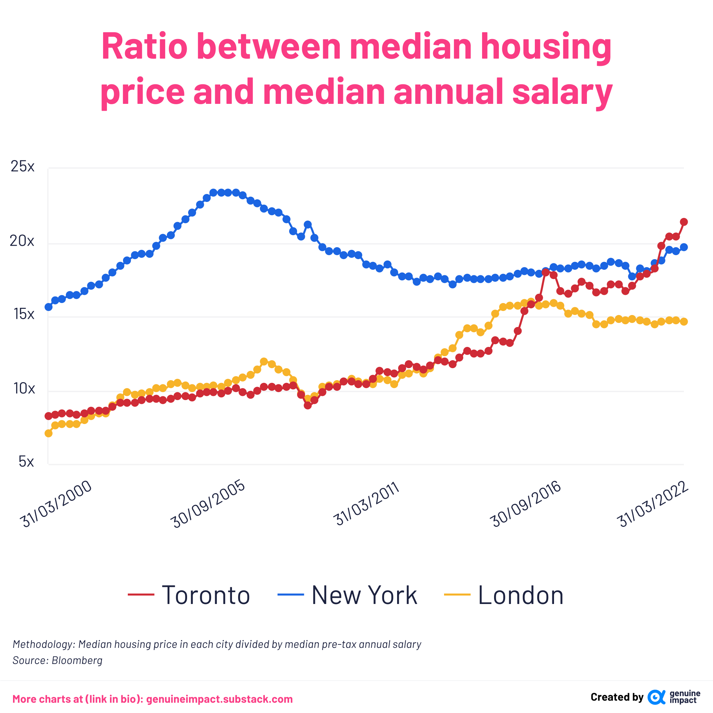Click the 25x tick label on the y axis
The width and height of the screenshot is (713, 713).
click(x=23, y=167)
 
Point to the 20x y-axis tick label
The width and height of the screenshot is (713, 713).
click(x=22, y=241)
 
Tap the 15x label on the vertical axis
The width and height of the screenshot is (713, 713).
click(x=24, y=314)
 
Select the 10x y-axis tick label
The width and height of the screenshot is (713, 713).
click(x=24, y=388)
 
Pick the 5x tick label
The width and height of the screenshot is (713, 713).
click(x=26, y=461)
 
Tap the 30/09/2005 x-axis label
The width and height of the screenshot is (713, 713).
click(x=208, y=504)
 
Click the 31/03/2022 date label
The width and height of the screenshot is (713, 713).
click(x=652, y=504)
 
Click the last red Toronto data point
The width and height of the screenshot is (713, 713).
click(x=684, y=222)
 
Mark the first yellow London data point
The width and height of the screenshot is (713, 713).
click(x=48, y=433)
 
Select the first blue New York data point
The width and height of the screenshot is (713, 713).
click(x=48, y=307)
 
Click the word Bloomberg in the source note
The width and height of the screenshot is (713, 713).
click(x=77, y=660)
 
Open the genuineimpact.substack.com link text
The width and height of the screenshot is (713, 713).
click(x=219, y=699)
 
